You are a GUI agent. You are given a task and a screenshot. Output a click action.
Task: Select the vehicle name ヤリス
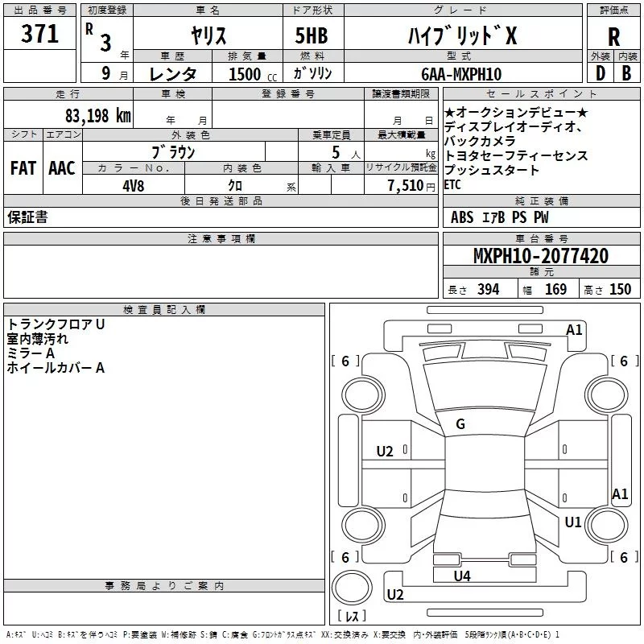coord(208,35)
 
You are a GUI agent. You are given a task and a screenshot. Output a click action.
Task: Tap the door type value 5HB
coord(312,35)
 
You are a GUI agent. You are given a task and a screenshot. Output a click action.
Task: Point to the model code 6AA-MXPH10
coord(461,74)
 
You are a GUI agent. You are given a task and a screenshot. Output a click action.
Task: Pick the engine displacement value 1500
coord(246,74)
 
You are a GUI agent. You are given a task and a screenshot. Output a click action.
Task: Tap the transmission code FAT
coord(23,168)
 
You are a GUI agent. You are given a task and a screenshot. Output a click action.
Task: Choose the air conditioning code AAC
coord(61,168)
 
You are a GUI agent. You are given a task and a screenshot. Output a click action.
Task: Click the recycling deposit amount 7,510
coord(405,185)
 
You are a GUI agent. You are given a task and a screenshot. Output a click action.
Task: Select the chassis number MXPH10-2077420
coord(541,256)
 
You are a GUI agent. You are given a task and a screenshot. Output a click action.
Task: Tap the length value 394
coord(487,290)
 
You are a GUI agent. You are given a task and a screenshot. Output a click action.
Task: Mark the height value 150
coord(620,290)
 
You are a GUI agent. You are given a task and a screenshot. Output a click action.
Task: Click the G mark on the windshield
coord(460,424)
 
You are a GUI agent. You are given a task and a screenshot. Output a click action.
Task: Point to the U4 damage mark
coord(462,576)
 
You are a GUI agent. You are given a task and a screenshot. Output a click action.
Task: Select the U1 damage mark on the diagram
coord(573,522)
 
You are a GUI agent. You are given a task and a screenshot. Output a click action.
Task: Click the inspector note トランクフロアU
coord(56,324)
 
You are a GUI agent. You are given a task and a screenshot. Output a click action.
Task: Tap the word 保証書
coord(27,217)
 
